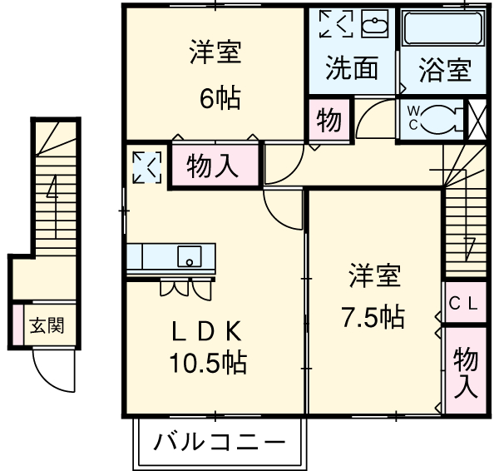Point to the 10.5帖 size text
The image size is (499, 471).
coord(208,363)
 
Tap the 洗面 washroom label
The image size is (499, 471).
coord(352,69)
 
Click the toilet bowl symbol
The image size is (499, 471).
coord(445,118)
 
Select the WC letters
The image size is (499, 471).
coord(414,117)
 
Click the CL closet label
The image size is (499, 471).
coord(463,304)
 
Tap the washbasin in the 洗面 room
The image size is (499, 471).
coord(375,25)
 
